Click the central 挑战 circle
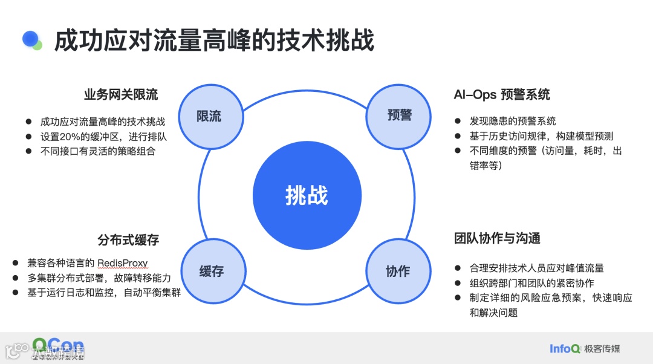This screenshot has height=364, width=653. [307, 195]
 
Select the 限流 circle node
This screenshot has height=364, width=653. [209, 117]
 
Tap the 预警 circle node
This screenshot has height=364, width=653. [398, 115]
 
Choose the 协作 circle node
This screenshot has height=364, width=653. [397, 271]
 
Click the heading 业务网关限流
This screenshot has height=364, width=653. [121, 95]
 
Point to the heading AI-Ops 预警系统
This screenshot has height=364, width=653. [502, 95]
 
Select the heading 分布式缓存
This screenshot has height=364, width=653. [128, 239]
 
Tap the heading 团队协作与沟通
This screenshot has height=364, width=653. [497, 238]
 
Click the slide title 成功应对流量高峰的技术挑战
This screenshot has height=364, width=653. [215, 41]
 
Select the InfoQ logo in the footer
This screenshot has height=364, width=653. [565, 348]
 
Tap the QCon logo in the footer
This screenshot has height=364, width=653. [59, 346]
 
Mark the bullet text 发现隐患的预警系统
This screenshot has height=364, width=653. [513, 121]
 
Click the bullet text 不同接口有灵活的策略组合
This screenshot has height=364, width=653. [98, 151]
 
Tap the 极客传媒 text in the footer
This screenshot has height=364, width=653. [602, 349]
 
